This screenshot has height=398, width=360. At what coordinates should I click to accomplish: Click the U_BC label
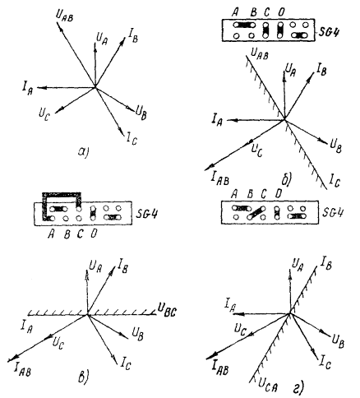pyautogui.click(x=167, y=309)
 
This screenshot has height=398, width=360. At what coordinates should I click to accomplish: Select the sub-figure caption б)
pyautogui.click(x=287, y=180)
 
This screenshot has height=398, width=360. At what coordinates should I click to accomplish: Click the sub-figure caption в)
pyautogui.click(x=83, y=377)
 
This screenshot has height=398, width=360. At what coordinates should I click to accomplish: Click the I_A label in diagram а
pyautogui.click(x=27, y=89)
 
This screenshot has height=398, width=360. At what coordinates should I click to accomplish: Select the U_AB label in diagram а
pyautogui.click(x=65, y=16)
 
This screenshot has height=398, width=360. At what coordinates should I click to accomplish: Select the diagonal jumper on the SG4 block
pyautogui.click(x=256, y=212)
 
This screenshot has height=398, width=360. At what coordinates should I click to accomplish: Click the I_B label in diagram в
pyautogui.click(x=122, y=266)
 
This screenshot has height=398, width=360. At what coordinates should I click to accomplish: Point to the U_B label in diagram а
pyautogui.click(x=141, y=113)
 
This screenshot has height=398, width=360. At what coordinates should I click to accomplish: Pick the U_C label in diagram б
pyautogui.click(x=257, y=150)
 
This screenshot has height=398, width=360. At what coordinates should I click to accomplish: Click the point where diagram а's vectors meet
pyautogui.click(x=95, y=87)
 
